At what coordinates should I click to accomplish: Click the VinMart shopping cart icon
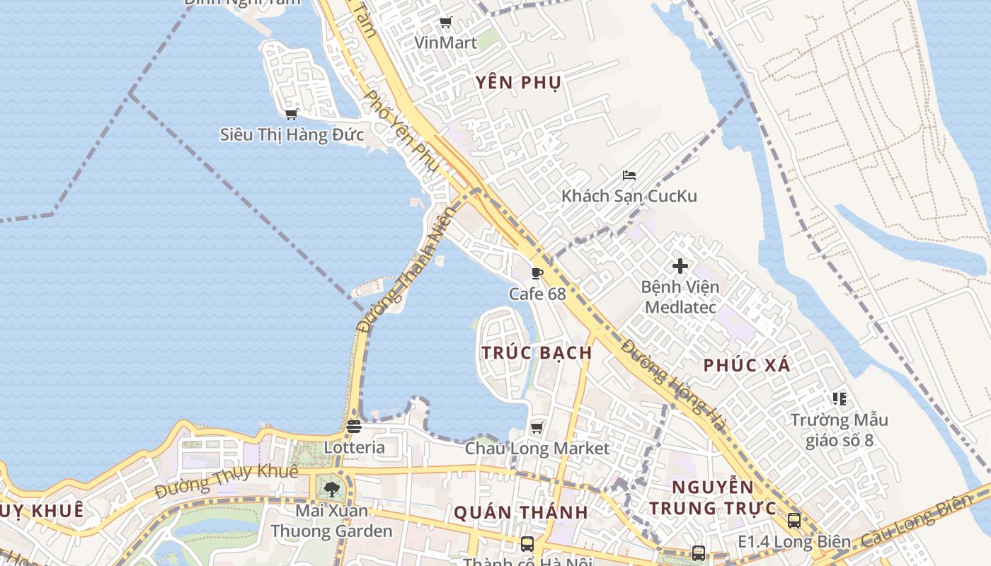(445, 23)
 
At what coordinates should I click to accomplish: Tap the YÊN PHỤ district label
(518, 83)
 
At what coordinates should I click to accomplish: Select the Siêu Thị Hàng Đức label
(292, 134)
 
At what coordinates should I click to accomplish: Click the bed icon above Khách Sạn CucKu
(629, 175)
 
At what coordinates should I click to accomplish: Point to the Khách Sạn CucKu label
(629, 196)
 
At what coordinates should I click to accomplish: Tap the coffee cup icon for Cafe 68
(537, 273)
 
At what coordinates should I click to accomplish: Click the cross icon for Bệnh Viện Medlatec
(680, 266)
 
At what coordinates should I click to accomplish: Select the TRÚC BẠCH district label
(537, 352)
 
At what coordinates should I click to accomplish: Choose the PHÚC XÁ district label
(747, 366)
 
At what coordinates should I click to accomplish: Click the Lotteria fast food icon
(354, 427)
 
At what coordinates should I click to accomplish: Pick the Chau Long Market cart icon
(537, 427)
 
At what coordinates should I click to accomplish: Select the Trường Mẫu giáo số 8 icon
(839, 399)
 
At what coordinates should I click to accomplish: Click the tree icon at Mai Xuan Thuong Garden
(331, 489)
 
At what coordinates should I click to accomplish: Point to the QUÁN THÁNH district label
(520, 512)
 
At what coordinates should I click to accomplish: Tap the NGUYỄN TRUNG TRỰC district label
(713, 497)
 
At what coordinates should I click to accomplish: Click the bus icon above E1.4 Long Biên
(794, 521)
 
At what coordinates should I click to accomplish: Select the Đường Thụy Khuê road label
(226, 482)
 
